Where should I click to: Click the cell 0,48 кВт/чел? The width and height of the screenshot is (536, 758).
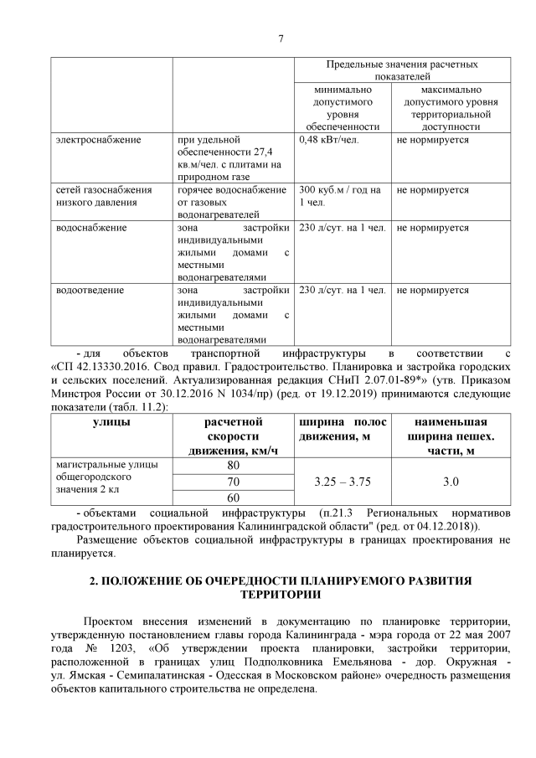point(328,139)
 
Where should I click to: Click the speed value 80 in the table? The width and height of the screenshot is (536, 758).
point(233,465)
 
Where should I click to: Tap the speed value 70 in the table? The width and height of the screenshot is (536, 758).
point(233,482)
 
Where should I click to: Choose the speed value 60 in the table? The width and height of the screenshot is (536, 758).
point(233,498)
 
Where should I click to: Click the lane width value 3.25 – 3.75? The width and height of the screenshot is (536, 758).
point(341,482)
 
